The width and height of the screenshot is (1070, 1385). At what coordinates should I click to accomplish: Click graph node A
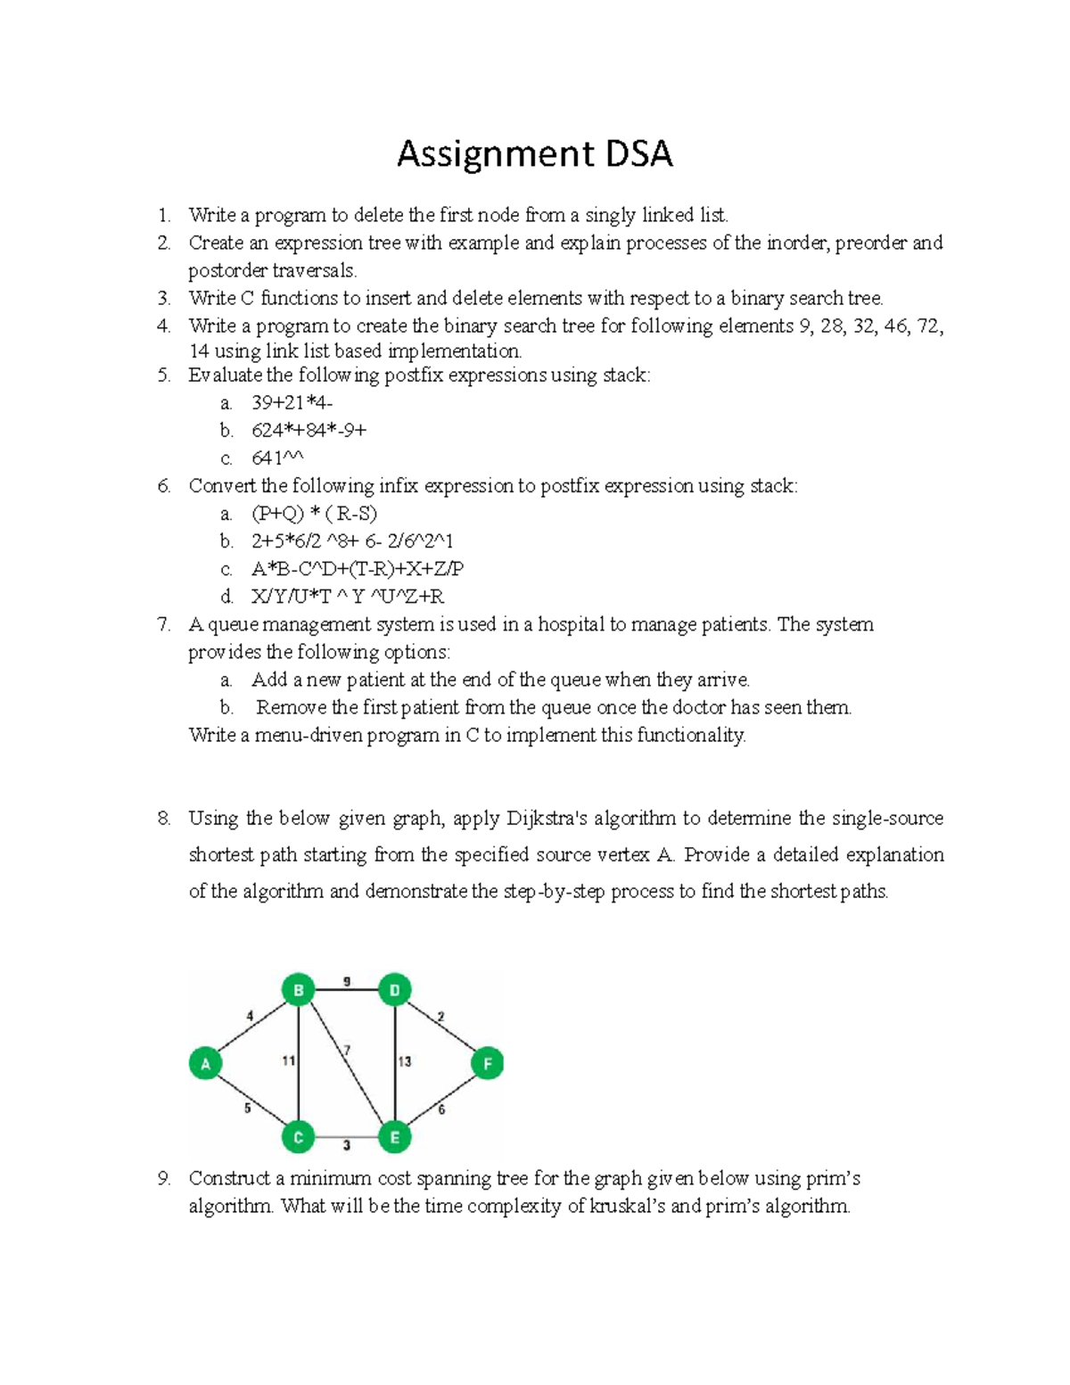(205, 1063)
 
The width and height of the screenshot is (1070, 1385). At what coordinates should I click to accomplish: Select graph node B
(299, 990)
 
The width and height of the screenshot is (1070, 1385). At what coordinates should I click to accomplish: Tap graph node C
(299, 1137)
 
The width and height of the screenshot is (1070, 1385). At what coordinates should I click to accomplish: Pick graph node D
(395, 990)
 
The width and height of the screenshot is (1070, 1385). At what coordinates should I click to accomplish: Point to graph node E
(395, 1137)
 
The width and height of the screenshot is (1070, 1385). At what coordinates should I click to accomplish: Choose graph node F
(488, 1063)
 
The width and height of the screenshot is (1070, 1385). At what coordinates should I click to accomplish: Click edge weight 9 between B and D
(347, 982)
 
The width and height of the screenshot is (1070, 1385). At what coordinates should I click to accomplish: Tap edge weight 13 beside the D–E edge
(405, 1061)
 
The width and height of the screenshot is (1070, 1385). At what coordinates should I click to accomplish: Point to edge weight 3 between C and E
(347, 1145)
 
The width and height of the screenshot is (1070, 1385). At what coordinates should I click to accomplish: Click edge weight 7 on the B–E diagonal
(347, 1050)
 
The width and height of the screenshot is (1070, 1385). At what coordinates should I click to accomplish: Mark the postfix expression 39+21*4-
(292, 403)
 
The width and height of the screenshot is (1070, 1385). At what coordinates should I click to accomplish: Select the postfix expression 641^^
(277, 458)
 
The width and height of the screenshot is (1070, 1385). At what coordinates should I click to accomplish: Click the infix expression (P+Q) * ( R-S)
(314, 514)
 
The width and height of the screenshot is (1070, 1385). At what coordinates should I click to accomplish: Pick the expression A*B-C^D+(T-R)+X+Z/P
(358, 569)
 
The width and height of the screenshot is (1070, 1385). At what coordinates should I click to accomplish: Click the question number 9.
(163, 1179)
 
